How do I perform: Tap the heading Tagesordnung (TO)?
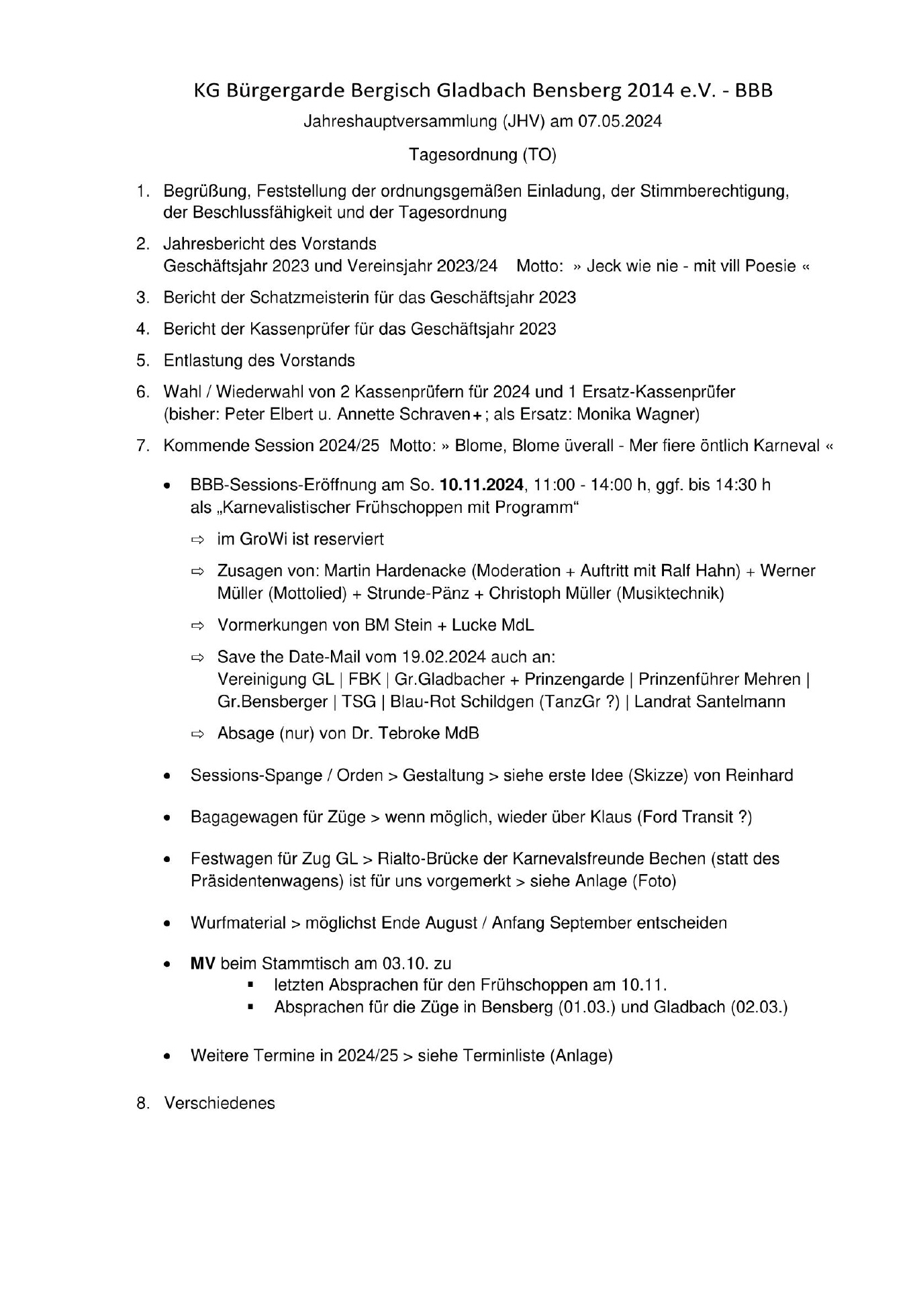coord(483,155)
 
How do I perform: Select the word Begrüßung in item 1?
coord(206,191)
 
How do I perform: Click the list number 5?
coord(142,361)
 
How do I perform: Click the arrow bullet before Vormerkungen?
coord(197,626)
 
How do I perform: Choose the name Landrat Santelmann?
coord(710,702)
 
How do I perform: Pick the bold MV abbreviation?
coord(203,964)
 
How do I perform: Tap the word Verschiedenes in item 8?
coord(220,1103)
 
